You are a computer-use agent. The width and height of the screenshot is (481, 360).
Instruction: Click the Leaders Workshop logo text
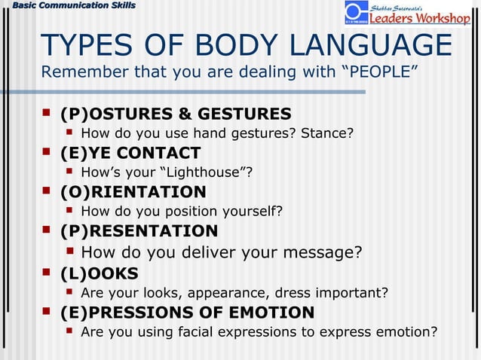pos(420,18)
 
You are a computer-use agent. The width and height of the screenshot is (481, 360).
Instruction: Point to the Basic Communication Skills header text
pos(69,6)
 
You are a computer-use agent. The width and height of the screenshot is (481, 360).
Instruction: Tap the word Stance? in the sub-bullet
pos(327,134)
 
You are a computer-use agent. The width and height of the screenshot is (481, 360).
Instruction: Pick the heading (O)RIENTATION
pos(133,192)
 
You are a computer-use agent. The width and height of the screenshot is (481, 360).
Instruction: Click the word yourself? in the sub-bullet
pos(256,211)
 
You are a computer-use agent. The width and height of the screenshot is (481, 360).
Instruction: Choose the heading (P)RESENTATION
pos(139,230)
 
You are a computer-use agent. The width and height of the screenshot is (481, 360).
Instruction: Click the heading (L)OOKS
pos(100,273)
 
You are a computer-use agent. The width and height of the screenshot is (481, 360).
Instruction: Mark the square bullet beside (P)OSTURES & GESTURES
pos(47,113)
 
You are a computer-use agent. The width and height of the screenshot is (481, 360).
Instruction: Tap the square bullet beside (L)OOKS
pos(47,272)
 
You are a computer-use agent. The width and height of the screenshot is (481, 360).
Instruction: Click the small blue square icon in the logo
pos(356,12)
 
